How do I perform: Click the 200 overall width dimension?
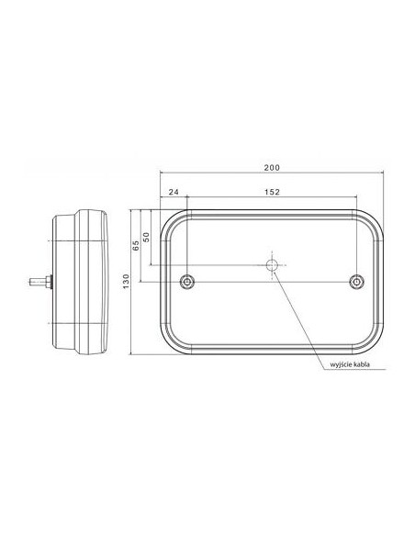click(x=272, y=167)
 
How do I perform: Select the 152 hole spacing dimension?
click(x=272, y=192)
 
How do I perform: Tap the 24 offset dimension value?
click(x=174, y=192)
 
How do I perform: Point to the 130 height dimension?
click(x=127, y=281)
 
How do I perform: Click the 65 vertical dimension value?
click(x=136, y=245)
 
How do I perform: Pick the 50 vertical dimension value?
click(x=146, y=237)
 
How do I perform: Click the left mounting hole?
click(x=187, y=282)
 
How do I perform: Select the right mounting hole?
click(x=356, y=282)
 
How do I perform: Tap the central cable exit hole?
click(x=272, y=265)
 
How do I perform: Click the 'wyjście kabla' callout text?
click(x=350, y=364)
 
